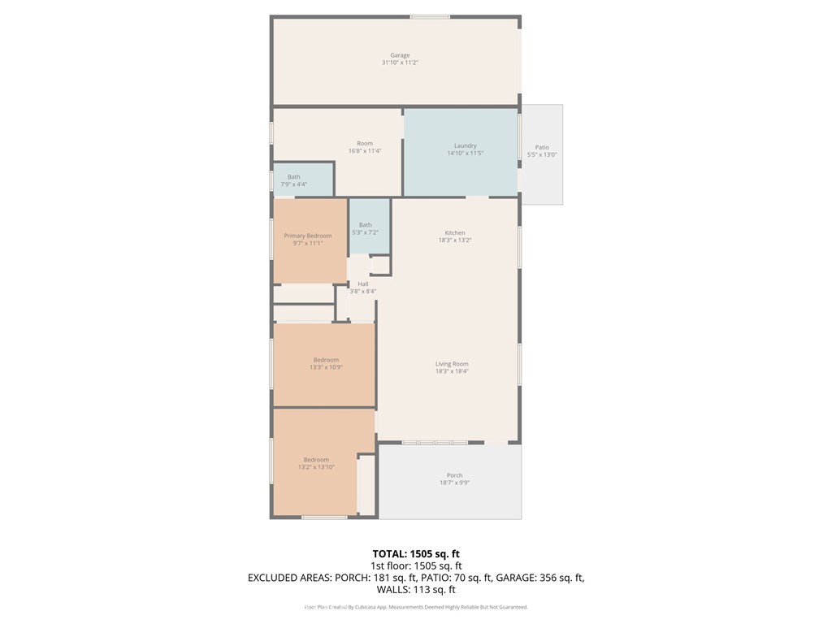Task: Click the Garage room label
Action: [x=400, y=55]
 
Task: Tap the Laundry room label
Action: [x=466, y=145]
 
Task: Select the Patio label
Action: [x=542, y=148]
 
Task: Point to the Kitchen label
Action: [x=455, y=233]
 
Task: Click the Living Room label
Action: [x=452, y=364]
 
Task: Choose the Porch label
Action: [x=455, y=475]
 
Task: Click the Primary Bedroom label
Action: [x=308, y=236]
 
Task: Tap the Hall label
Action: [x=363, y=284]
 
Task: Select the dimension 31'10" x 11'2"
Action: [x=400, y=63]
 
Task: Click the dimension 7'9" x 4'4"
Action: [x=294, y=184]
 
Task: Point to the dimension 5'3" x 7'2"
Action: [x=365, y=232]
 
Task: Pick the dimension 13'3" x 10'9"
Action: [x=326, y=367]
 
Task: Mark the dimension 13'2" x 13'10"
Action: [x=316, y=467]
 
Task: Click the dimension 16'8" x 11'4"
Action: [x=365, y=150]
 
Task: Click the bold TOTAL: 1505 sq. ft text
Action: [x=416, y=554]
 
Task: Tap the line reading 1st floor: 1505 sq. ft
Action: [x=416, y=566]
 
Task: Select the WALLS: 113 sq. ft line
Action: [x=416, y=590]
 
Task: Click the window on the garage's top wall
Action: [x=431, y=17]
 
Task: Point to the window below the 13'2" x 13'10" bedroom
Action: [x=324, y=517]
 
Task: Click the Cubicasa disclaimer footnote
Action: [x=416, y=607]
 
